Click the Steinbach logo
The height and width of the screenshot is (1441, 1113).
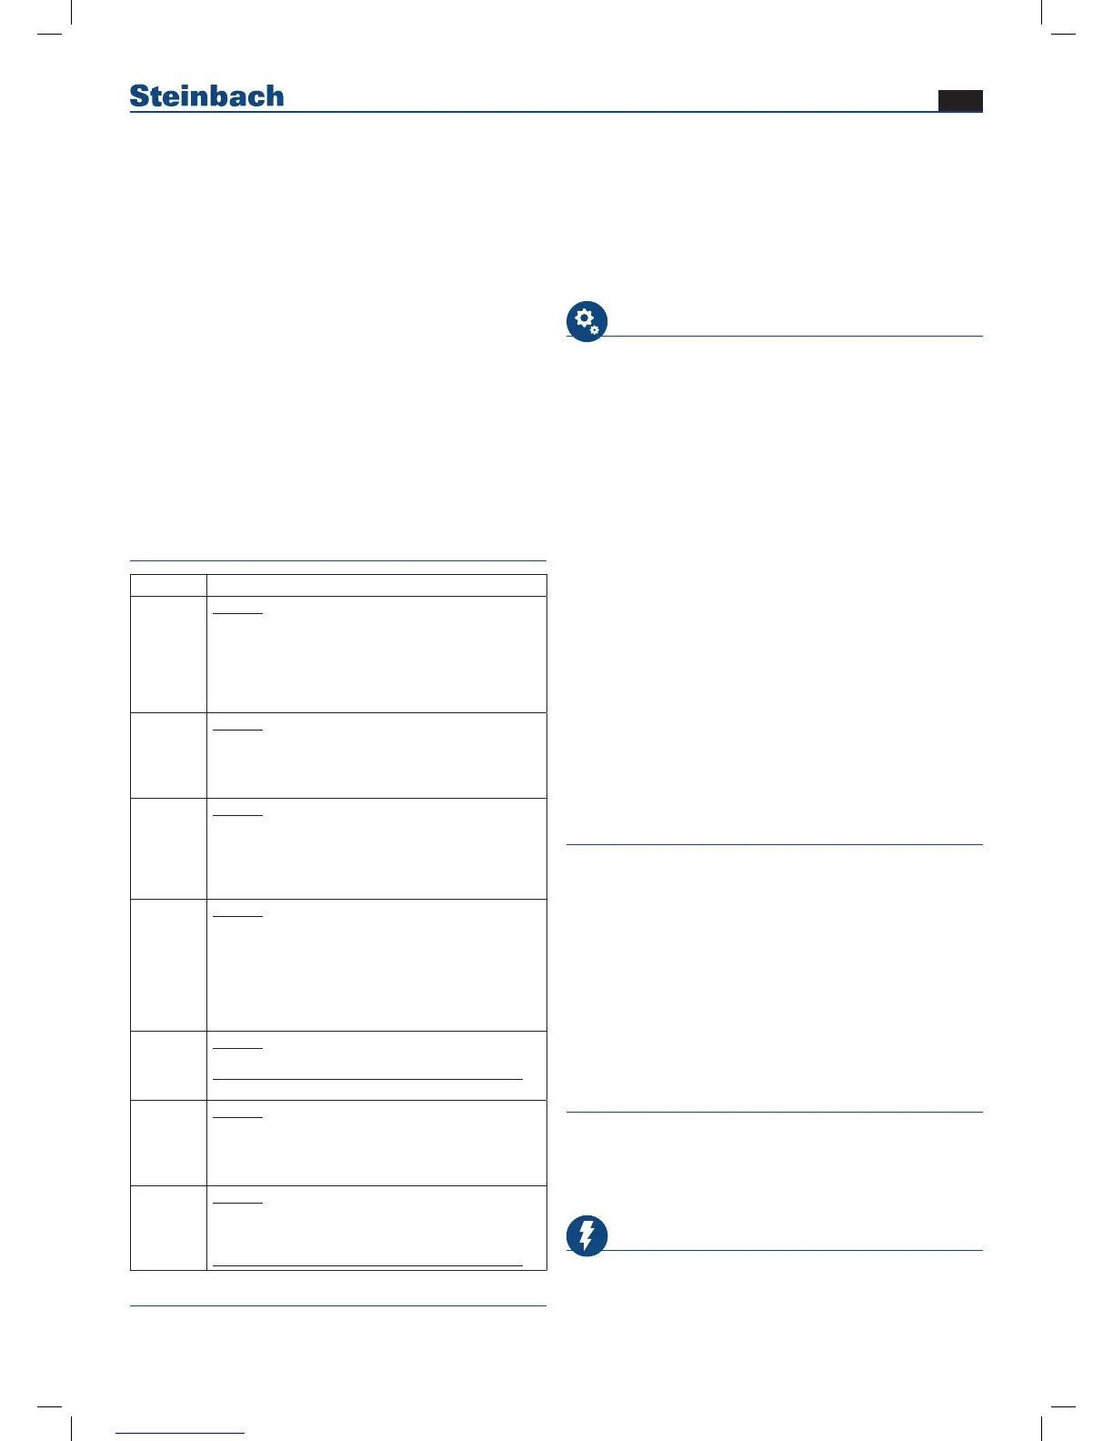pyautogui.click(x=206, y=96)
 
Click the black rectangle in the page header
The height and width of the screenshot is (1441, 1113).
pyautogui.click(x=960, y=101)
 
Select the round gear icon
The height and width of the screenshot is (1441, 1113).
pyautogui.click(x=587, y=321)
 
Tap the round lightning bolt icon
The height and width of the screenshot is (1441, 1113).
pyautogui.click(x=587, y=1235)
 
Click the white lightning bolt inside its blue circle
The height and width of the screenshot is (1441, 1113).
pyautogui.click(x=587, y=1235)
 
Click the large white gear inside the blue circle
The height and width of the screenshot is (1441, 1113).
pyautogui.click(x=584, y=318)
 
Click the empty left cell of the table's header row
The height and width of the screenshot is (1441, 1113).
pyautogui.click(x=168, y=585)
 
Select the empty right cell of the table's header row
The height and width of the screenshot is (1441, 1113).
pyautogui.click(x=376, y=585)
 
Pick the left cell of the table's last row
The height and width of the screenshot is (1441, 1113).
pyautogui.click(x=168, y=1227)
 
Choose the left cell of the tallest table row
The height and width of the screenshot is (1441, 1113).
pyautogui.click(x=168, y=965)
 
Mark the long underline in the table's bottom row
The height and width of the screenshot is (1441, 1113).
pyautogui.click(x=367, y=1265)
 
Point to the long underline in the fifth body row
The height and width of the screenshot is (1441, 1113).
pyautogui.click(x=367, y=1079)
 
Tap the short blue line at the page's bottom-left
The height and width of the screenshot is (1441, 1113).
pyautogui.click(x=180, y=1433)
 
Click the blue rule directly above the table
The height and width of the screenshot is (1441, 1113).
pyautogui.click(x=338, y=561)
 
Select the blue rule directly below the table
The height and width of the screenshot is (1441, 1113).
pyautogui.click(x=338, y=1306)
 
